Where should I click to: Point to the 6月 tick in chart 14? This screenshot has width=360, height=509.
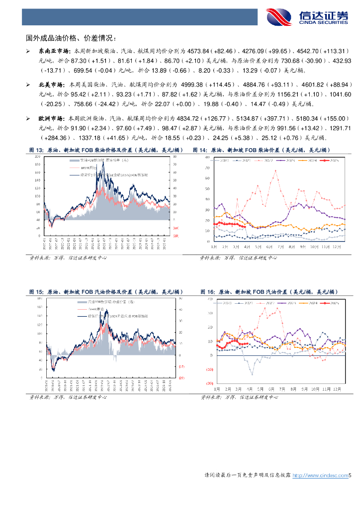tap(269, 247)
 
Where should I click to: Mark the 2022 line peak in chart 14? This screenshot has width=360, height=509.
tap(274, 171)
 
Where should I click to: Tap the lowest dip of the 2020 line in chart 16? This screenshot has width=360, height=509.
tap(252, 374)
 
